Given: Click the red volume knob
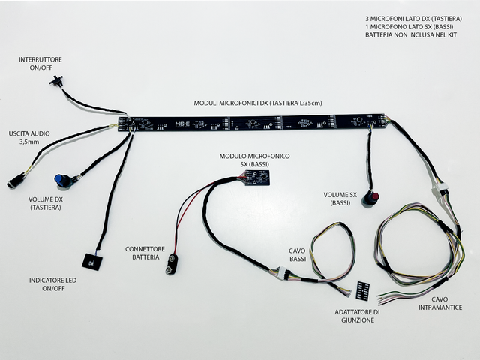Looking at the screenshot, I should click(x=371, y=199).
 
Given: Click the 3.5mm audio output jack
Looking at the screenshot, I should click(x=15, y=181).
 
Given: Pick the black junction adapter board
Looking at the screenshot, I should click(x=364, y=289).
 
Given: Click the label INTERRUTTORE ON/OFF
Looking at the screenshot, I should click(x=41, y=61).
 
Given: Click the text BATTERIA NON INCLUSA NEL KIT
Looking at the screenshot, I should click(x=411, y=34).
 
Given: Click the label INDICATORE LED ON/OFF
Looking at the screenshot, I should click(x=52, y=284).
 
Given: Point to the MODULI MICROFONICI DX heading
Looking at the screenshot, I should click(x=256, y=102).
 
